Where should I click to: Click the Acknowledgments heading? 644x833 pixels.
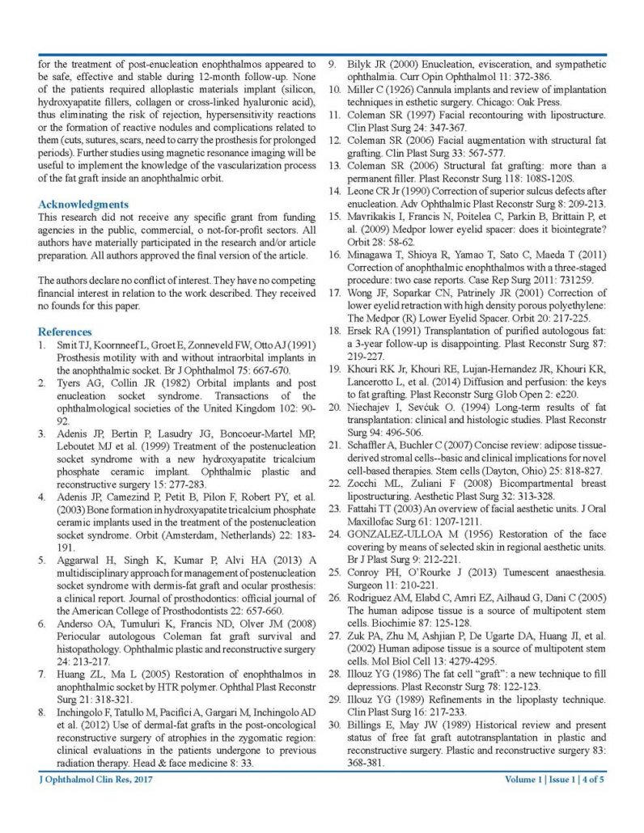click(83, 205)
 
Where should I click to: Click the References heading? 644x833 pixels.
click(65, 332)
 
